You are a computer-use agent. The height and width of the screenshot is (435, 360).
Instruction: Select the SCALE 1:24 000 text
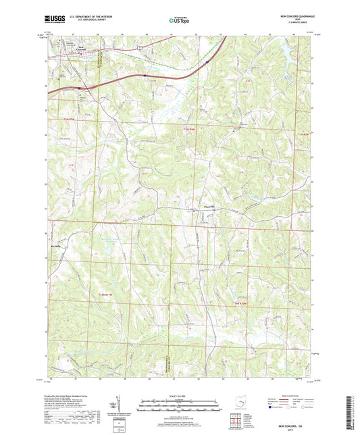[x=179, y=396]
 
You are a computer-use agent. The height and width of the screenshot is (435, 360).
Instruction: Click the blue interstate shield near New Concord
[x=79, y=87]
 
